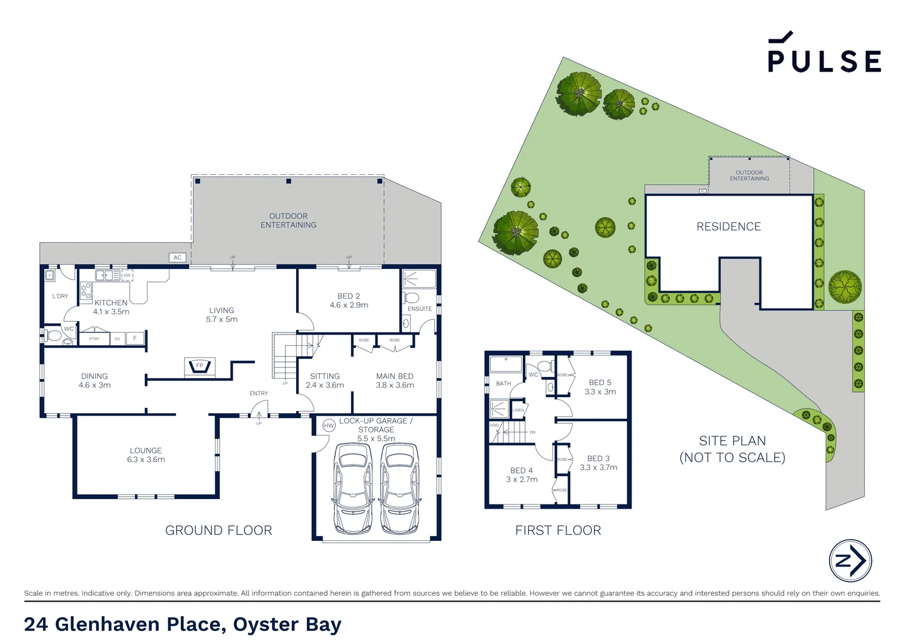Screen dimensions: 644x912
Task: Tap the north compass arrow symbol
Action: tap(851, 561)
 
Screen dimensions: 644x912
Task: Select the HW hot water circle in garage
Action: tap(329, 425)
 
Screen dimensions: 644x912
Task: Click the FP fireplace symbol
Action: tap(200, 366)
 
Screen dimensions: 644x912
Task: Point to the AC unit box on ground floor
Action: tap(177, 258)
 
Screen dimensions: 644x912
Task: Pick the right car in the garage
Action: tap(399, 488)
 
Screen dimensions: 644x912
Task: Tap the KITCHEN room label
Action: tap(111, 303)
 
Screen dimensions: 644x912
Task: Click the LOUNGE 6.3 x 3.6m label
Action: tap(146, 455)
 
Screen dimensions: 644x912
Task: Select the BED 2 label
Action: tap(349, 296)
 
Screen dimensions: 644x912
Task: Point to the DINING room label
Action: tap(94, 376)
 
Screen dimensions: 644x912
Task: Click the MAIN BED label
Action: tap(395, 376)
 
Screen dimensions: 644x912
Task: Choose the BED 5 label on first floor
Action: tap(600, 383)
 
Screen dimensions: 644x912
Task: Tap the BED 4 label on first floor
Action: tap(521, 470)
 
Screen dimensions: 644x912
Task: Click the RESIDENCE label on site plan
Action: tap(729, 227)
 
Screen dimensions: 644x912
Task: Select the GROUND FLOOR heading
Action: tap(218, 530)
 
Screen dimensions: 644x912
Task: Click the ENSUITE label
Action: tap(420, 309)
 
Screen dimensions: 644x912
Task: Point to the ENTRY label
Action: tap(258, 394)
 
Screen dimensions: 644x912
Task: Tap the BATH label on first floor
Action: tap(503, 383)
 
